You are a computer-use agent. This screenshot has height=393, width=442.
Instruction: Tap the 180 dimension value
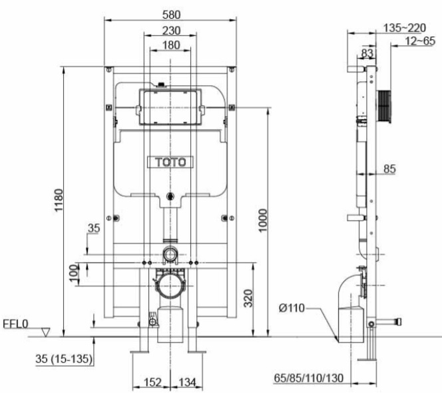pyautogui.click(x=171, y=45)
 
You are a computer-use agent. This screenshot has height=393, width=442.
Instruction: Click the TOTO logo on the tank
pyautogui.click(x=170, y=162)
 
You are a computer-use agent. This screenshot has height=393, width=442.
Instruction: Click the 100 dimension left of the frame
pyautogui.click(x=73, y=271)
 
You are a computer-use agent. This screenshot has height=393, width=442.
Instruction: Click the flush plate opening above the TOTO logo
pyautogui.click(x=170, y=107)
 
